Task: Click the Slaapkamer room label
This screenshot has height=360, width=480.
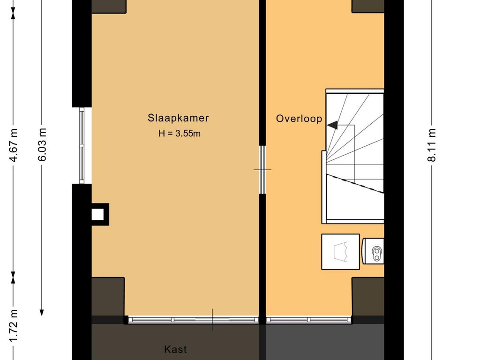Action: click(178, 118)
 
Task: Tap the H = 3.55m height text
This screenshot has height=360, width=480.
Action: click(180, 134)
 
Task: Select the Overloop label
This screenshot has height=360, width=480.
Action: click(299, 119)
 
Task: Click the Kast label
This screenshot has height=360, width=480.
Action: click(175, 349)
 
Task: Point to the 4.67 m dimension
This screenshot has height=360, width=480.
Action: click(14, 145)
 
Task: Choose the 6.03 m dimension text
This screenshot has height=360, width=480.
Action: click(42, 145)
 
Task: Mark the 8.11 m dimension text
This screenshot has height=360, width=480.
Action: click(431, 145)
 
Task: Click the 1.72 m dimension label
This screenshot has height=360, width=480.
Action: click(14, 325)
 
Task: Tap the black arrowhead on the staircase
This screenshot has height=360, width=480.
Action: click(332, 125)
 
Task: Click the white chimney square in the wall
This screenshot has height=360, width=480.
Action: click(97, 214)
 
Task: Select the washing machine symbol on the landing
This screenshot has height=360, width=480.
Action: click(340, 252)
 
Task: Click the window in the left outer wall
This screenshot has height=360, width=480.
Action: click(82, 145)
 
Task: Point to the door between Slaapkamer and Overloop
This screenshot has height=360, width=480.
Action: click(262, 169)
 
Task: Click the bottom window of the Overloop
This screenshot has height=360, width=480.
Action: click(308, 320)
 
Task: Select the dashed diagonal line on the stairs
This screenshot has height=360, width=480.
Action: click(355, 183)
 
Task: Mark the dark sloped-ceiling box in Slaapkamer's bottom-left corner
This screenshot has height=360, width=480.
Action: click(108, 296)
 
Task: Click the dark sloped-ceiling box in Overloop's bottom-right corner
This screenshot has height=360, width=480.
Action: click(367, 296)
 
